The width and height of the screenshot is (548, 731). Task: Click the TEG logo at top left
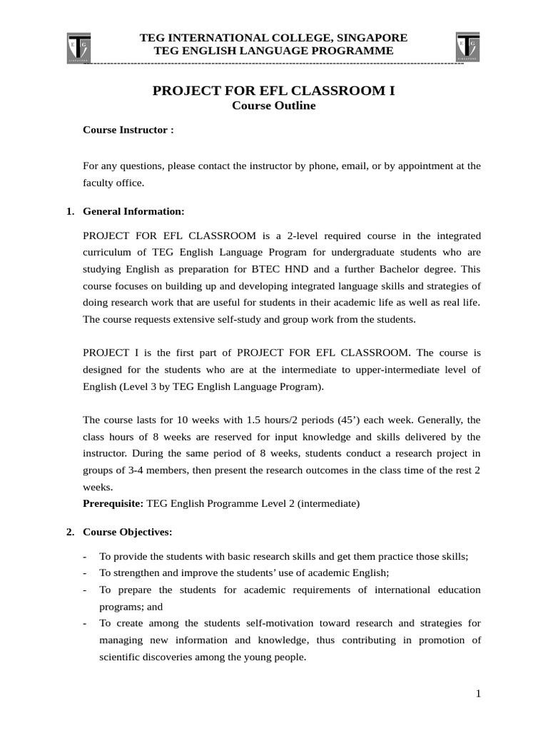click(x=78, y=47)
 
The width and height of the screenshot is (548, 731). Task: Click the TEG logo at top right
click(x=468, y=47)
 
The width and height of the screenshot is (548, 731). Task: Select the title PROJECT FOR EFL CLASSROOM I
click(x=274, y=91)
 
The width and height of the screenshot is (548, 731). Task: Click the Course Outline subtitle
click(x=274, y=106)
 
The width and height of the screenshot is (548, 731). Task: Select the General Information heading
click(x=133, y=211)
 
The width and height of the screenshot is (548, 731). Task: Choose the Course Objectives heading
click(x=127, y=532)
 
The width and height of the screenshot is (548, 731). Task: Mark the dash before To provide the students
click(x=85, y=556)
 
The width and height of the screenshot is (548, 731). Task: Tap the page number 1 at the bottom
click(x=479, y=695)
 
